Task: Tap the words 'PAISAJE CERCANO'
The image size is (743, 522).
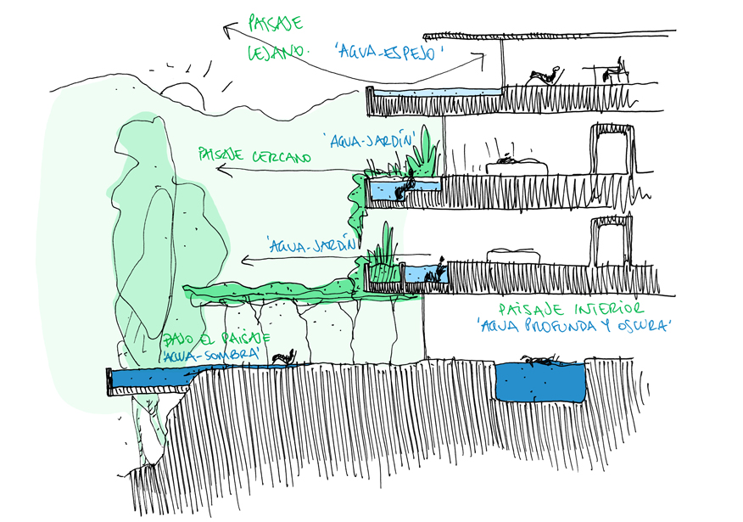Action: click(x=254, y=156)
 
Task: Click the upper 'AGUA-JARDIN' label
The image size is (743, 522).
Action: click(x=372, y=138)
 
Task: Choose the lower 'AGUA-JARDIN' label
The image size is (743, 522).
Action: click(x=309, y=245)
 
